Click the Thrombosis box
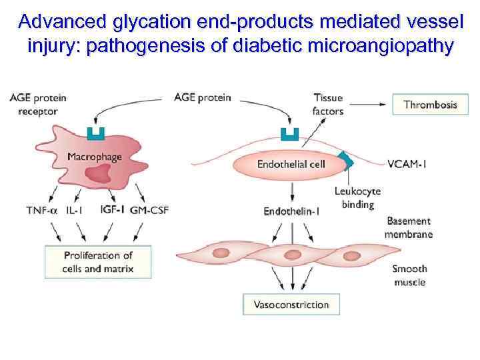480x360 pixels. (x=430, y=105)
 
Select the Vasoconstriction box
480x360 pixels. (x=291, y=305)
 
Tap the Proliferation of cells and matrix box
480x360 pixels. (x=98, y=262)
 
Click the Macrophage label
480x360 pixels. (x=95, y=157)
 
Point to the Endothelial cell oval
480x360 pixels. (x=291, y=164)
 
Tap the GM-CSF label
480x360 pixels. (x=149, y=210)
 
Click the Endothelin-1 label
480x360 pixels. (x=291, y=211)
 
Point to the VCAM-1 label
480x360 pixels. (x=407, y=164)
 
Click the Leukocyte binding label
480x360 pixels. (x=358, y=198)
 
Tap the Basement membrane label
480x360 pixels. (x=409, y=227)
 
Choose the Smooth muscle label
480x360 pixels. (x=409, y=275)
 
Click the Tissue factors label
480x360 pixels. (x=327, y=105)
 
